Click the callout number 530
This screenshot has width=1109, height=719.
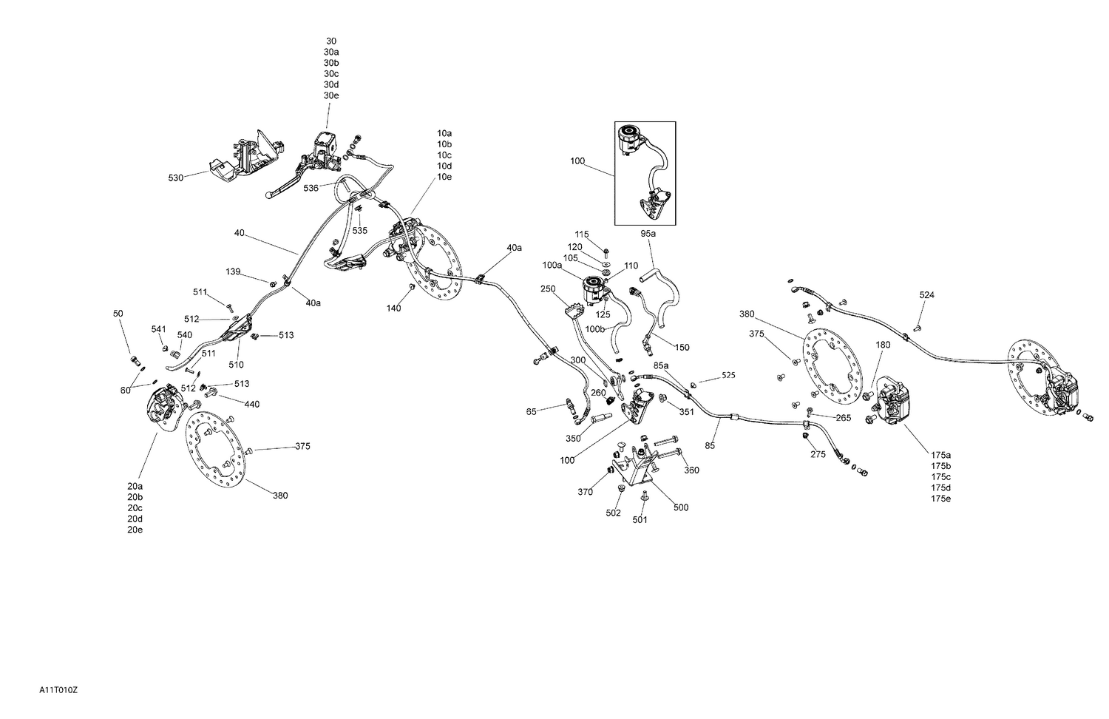tap(175, 178)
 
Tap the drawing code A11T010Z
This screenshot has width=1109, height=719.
tap(58, 690)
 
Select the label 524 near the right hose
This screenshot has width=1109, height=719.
tap(926, 295)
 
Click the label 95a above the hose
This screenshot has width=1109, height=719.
tap(648, 233)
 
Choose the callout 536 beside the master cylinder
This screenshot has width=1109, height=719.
tap(311, 189)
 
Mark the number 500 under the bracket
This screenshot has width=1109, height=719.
tap(681, 507)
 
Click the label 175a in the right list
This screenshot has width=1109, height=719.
tap(940, 454)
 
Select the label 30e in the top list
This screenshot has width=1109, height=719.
tap(330, 95)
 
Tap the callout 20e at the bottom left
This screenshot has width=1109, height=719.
tap(135, 530)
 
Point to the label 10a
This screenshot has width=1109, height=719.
tap(444, 133)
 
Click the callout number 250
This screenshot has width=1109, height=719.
tap(547, 289)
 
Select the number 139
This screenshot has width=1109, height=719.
tap(233, 272)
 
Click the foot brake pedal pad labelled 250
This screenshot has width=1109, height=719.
tap(573, 306)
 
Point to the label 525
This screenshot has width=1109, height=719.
tap(728, 376)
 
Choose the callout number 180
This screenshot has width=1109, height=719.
tap(883, 345)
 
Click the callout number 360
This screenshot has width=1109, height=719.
tap(691, 470)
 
